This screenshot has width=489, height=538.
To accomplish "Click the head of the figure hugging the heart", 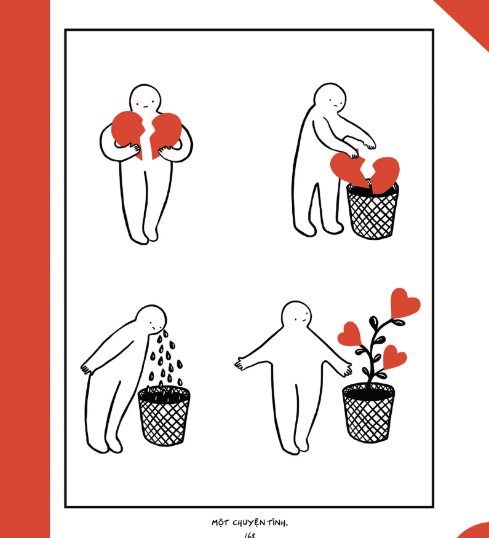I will click(145, 100).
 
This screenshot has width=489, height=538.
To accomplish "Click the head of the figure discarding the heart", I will click(328, 99).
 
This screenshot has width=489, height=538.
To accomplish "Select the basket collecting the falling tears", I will click(164, 416).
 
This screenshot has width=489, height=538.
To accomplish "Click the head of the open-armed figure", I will click(298, 316).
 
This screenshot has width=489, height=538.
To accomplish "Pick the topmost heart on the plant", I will click(404, 303).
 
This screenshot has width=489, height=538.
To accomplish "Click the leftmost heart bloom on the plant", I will click(350, 333).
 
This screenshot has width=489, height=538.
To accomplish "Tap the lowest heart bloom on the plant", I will click(394, 357).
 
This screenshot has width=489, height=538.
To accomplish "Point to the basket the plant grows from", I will click(368, 413).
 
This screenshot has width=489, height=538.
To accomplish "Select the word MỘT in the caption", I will click(220, 523).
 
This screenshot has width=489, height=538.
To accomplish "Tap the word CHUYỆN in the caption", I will click(248, 523).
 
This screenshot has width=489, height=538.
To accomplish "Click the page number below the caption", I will click(250, 535).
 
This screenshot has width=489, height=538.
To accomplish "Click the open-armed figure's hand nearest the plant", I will click(346, 370).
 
